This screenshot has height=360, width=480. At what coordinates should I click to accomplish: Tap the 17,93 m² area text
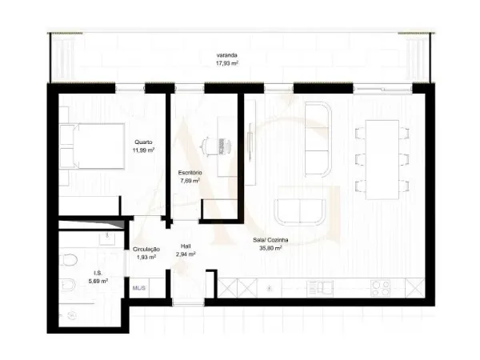click(227, 62)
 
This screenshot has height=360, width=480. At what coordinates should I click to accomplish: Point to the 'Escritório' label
click(190, 173)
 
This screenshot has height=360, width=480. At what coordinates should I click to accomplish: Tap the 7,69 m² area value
click(190, 181)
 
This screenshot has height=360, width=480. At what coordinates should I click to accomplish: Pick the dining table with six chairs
click(382, 158)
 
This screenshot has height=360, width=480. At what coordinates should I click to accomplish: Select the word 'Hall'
click(186, 246)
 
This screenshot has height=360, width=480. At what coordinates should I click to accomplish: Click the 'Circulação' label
click(146, 249)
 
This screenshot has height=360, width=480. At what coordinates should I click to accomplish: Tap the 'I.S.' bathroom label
click(86, 273)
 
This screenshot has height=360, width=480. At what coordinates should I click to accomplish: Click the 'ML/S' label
click(138, 287)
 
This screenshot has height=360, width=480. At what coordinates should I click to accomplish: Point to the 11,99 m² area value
click(144, 150)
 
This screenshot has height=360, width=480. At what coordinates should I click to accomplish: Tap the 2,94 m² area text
click(186, 254)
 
